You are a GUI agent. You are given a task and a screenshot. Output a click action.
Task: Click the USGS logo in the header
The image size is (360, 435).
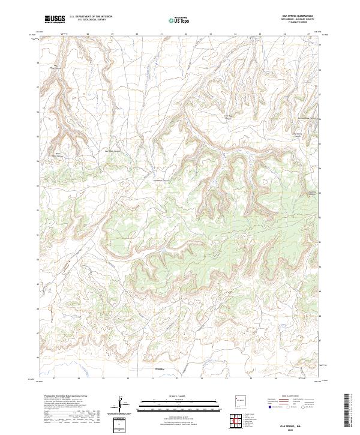coord(55,19)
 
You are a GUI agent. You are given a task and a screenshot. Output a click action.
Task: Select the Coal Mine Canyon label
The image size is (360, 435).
coord(227,118)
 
